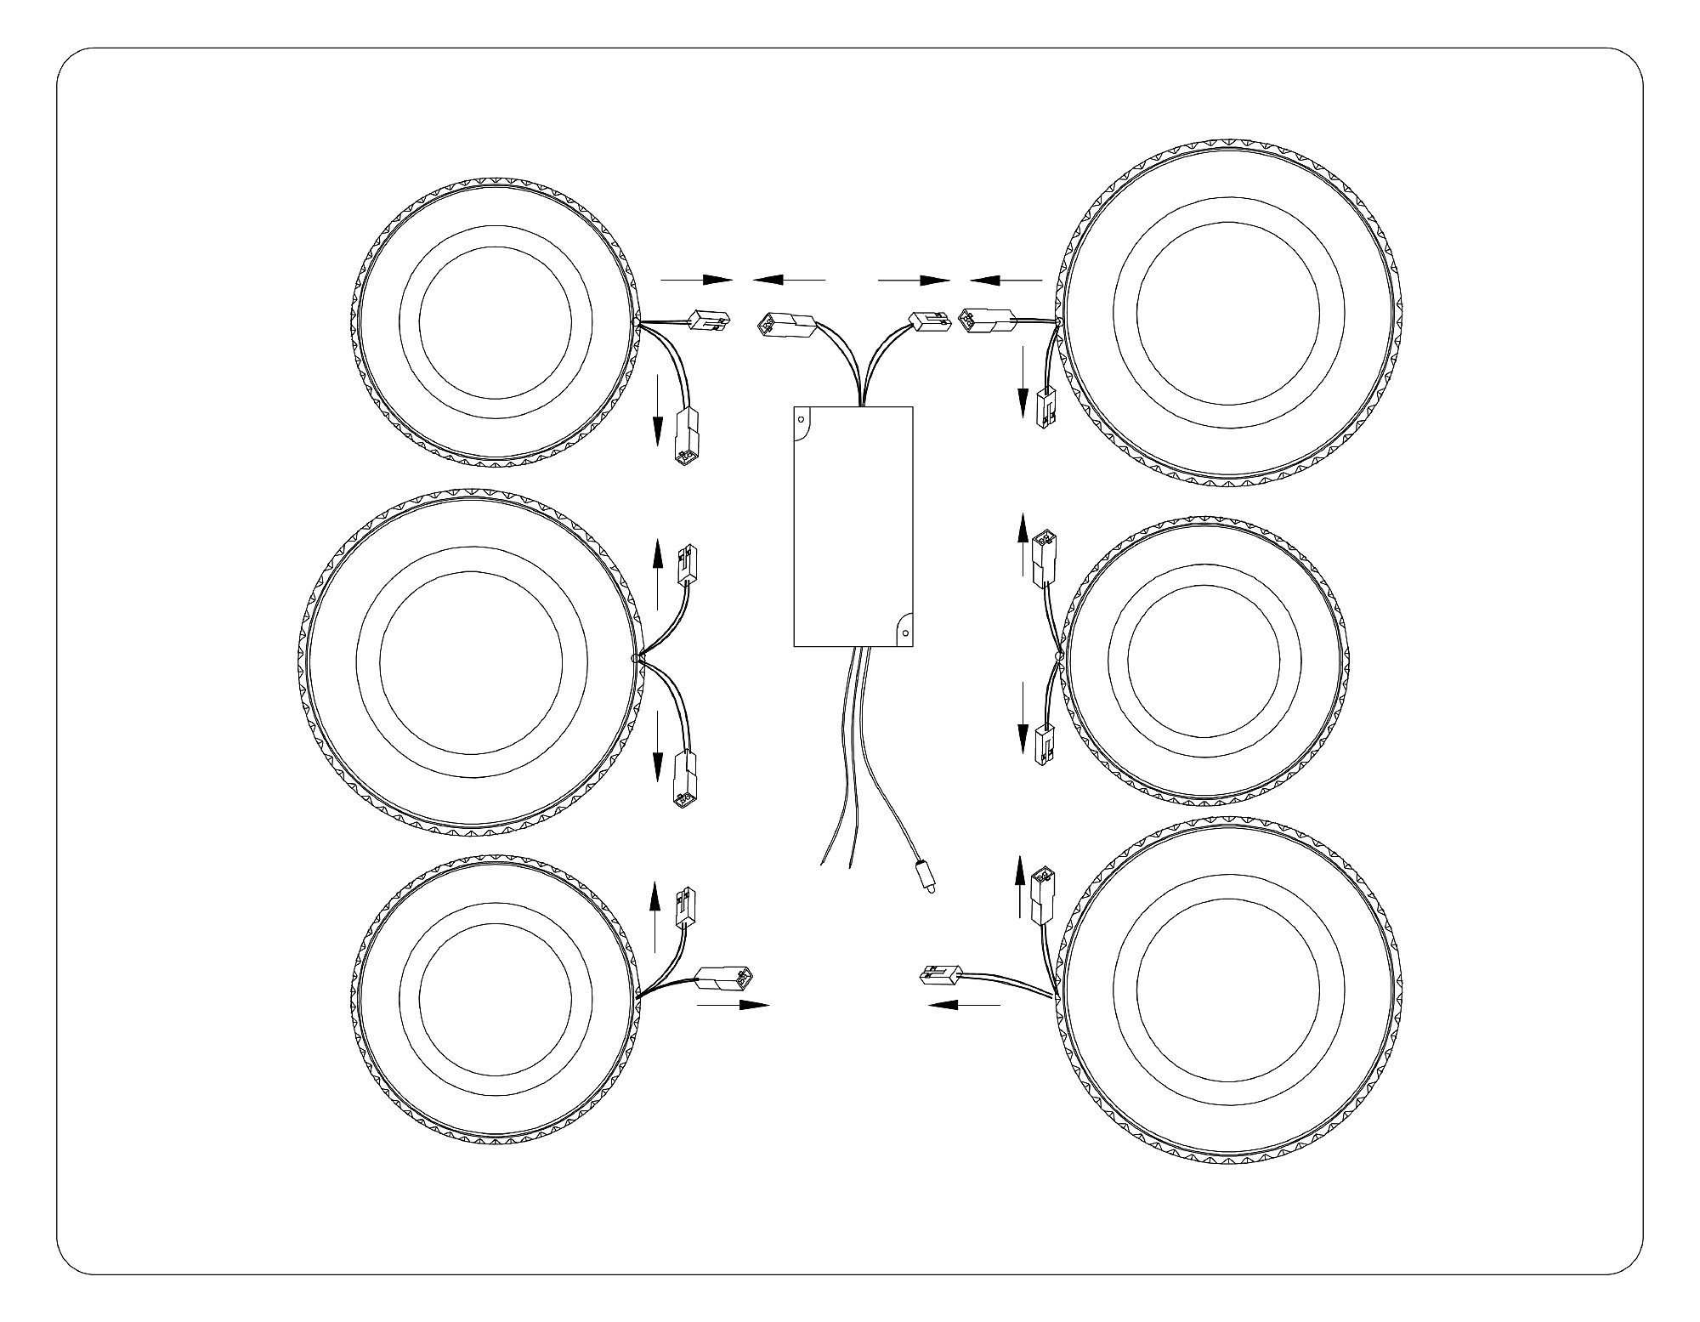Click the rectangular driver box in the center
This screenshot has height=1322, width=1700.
pos(853,526)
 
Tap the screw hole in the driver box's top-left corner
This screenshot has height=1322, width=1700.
pos(801,418)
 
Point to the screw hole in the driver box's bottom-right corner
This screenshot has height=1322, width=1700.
pos(904,633)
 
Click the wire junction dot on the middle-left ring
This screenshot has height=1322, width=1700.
pos(635,659)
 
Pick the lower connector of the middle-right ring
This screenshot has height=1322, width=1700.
pos(1042,746)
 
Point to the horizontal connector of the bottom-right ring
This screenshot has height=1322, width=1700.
pos(942,976)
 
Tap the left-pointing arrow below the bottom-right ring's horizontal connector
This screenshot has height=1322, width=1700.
pos(964,1005)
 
